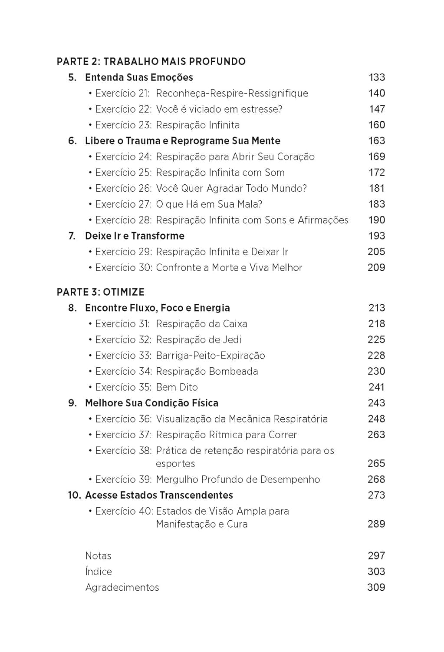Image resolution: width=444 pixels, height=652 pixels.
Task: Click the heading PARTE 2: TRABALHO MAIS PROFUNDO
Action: coord(151,61)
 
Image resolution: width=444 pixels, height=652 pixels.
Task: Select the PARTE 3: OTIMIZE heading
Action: coord(101,292)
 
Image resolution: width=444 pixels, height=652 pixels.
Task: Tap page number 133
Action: coord(376,77)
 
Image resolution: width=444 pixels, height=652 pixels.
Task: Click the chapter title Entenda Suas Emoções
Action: coord(139,77)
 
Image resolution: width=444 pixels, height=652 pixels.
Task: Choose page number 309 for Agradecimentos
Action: coord(376,587)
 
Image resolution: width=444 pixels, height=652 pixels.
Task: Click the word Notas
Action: coord(98,556)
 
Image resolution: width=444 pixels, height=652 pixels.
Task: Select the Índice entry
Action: coord(99,572)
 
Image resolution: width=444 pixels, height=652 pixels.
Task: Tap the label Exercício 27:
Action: coord(123,204)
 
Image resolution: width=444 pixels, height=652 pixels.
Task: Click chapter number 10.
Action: coord(74,495)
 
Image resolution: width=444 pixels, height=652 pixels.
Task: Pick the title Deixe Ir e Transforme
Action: coord(135,236)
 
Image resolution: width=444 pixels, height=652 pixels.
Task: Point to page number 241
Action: coord(376,387)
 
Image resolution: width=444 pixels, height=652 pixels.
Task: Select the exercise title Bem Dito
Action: coord(177,387)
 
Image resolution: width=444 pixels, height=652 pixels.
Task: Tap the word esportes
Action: coord(175,463)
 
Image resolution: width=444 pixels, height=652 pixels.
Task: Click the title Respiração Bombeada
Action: coord(207,371)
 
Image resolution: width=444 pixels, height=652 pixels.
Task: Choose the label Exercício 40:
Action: coord(124,511)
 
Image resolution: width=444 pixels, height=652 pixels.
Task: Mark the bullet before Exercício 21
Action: coord(90,93)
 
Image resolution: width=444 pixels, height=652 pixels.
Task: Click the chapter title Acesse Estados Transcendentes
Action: coord(159,495)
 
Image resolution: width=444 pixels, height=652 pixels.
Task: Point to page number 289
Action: coord(376,524)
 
